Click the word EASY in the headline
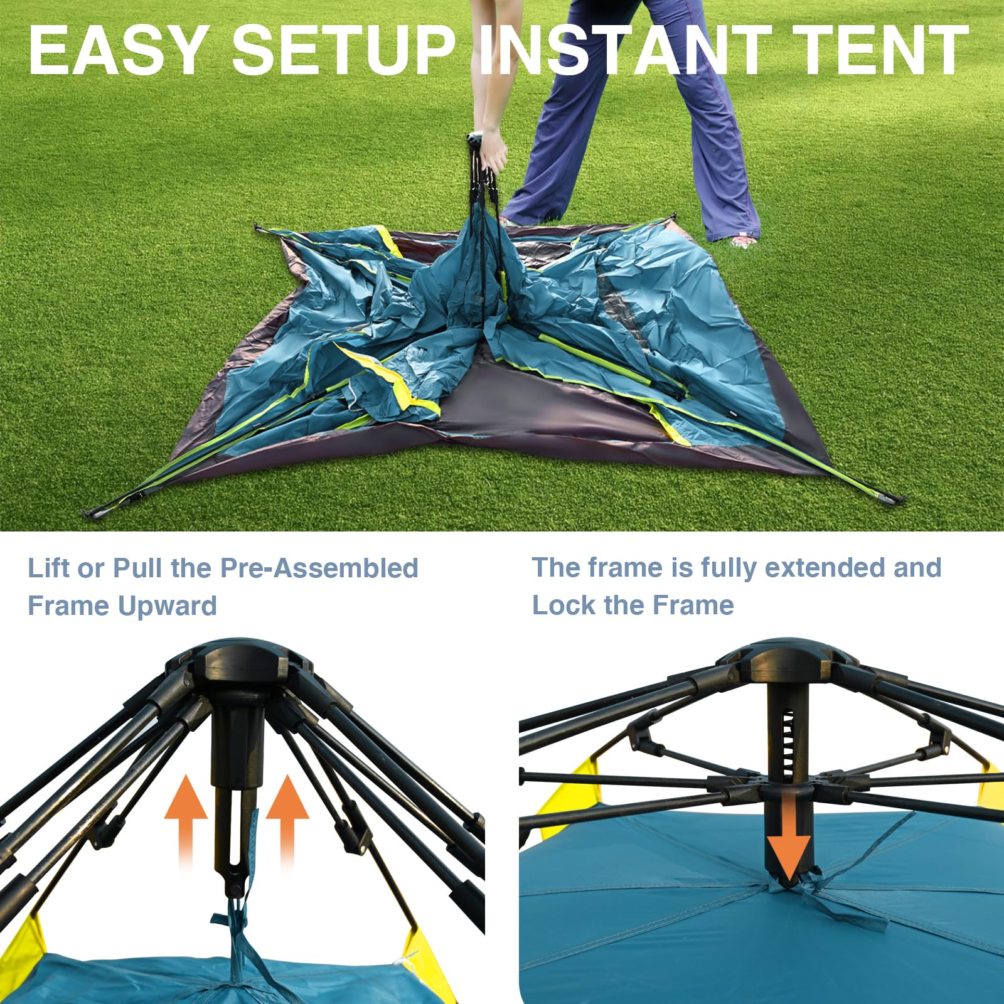coord(118,50)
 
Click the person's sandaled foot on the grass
coord(744,240)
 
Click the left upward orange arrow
coord(186,816)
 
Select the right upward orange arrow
coord(287,816)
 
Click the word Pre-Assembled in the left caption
coord(319,568)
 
